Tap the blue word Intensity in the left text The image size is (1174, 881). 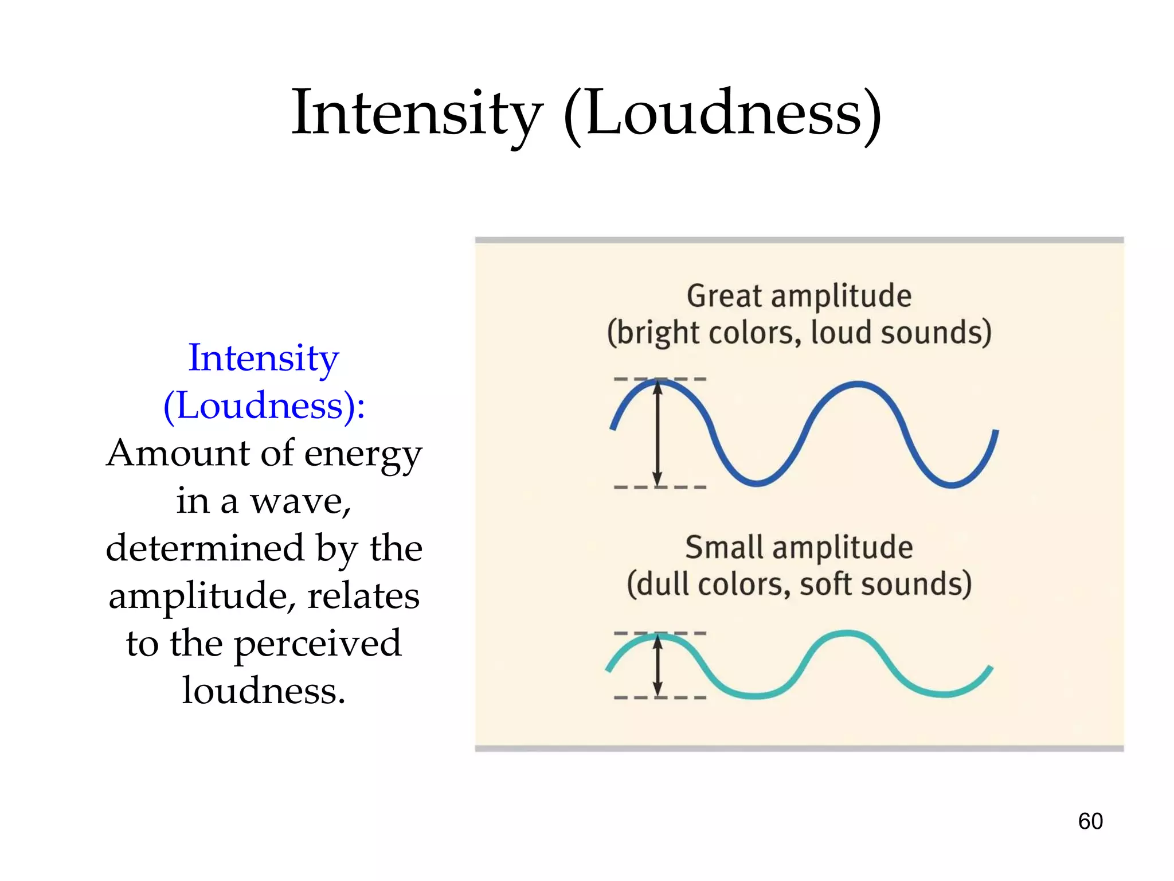point(264,358)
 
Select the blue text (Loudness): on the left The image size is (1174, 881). point(264,406)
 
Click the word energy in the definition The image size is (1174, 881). point(363,454)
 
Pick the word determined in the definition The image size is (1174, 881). point(205,548)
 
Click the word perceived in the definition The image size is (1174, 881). point(318,644)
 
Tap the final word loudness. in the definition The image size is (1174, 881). point(264,691)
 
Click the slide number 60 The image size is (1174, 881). point(1090,821)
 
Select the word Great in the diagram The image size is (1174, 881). point(725,296)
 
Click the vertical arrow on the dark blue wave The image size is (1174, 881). point(658,434)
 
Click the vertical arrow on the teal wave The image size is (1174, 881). point(658,665)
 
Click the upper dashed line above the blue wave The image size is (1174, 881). point(688,379)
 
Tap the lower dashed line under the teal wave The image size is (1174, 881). point(688,697)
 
